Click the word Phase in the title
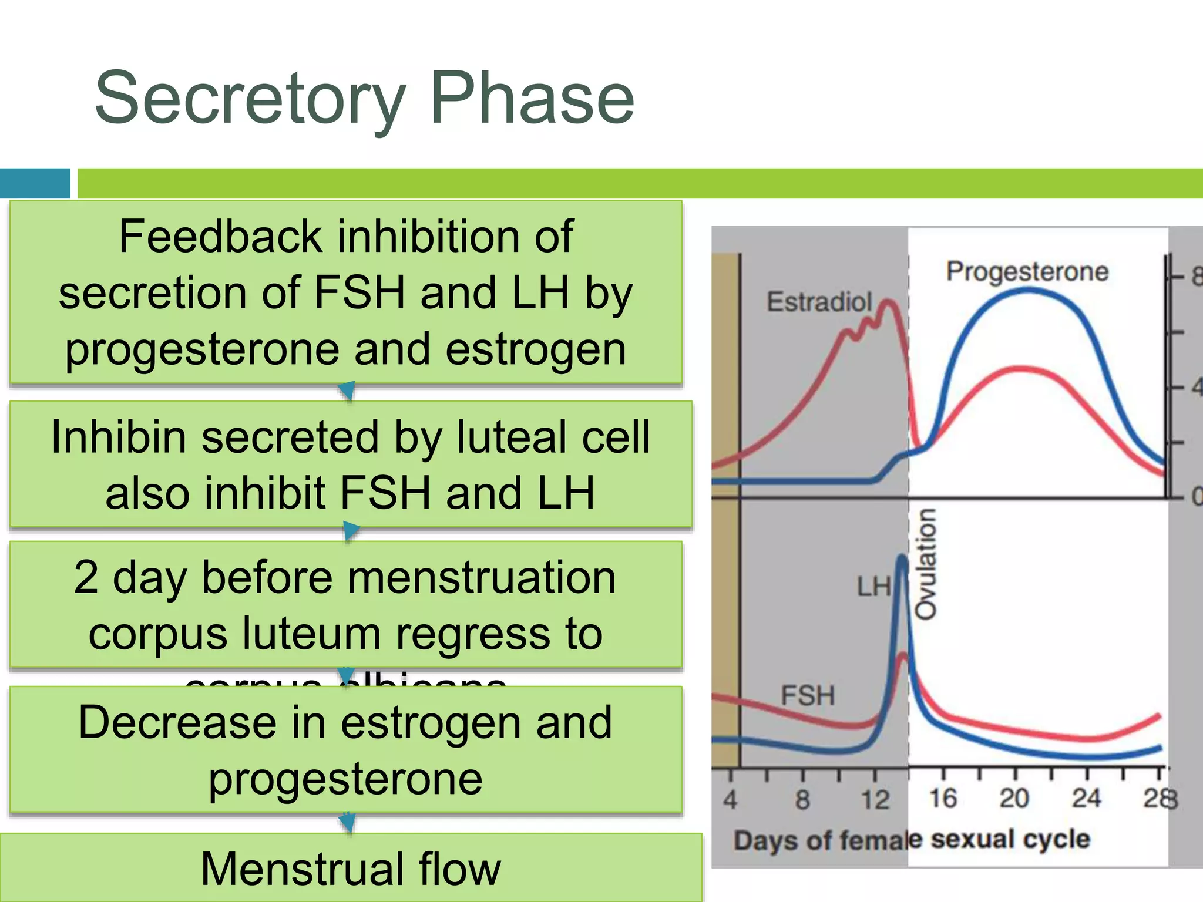(532, 99)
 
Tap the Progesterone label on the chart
(1027, 272)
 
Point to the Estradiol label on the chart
(819, 302)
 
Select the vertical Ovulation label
(926, 564)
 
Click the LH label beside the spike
(873, 587)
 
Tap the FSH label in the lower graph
(808, 696)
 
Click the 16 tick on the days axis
(943, 799)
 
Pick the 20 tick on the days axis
(1014, 799)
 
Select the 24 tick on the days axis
(1086, 799)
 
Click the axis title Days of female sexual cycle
(912, 840)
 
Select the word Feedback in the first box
(220, 236)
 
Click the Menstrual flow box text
(351, 869)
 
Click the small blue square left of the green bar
(35, 183)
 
